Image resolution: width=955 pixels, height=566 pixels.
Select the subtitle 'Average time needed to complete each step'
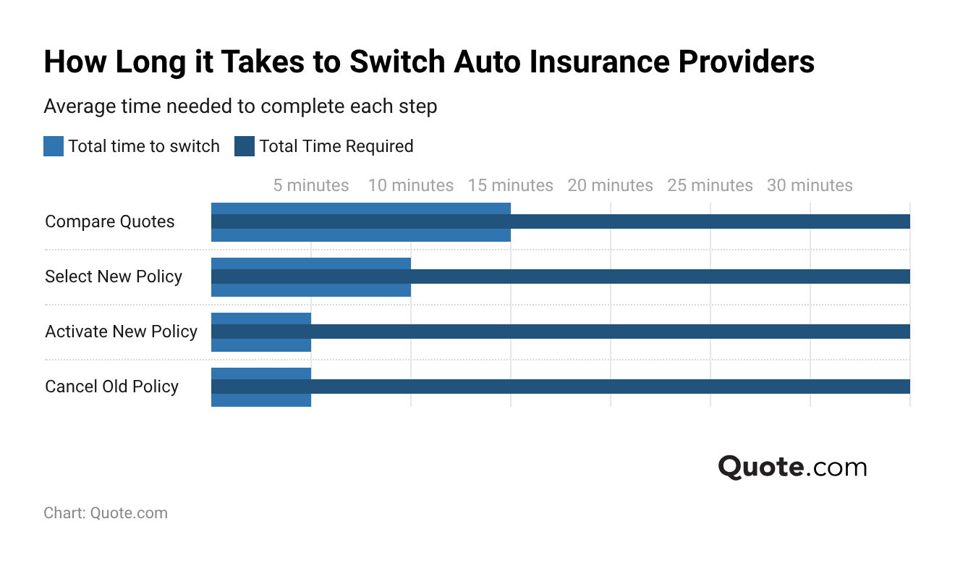(x=240, y=106)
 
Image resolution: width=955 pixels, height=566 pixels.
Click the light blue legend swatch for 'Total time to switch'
(x=54, y=146)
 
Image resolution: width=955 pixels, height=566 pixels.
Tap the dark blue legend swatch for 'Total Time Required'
(x=245, y=146)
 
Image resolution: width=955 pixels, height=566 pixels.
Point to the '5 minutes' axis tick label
(x=310, y=185)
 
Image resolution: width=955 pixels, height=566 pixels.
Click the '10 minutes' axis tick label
(x=410, y=185)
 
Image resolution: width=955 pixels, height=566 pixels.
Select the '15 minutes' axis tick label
(x=510, y=185)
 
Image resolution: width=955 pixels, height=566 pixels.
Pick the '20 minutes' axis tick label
(x=610, y=185)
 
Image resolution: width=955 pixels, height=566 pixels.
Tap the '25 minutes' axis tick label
(x=710, y=185)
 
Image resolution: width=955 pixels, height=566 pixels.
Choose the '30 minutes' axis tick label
(x=810, y=185)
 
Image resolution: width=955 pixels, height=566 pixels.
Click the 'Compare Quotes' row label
(x=110, y=221)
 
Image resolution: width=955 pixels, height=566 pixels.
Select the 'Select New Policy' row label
(x=114, y=276)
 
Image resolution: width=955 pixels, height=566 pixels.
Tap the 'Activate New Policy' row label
(x=121, y=331)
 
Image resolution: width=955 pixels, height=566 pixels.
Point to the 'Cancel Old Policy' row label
(x=111, y=387)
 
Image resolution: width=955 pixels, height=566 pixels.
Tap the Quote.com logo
(x=792, y=467)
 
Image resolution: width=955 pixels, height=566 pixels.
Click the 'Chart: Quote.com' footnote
(x=106, y=513)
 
